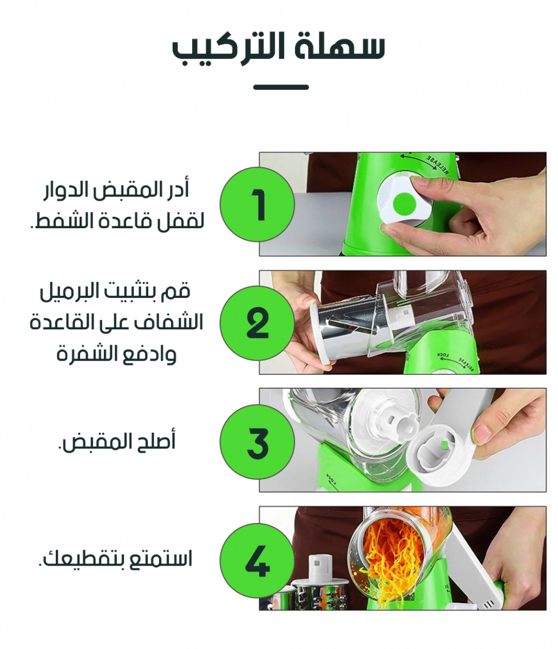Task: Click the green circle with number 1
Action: click(x=257, y=204)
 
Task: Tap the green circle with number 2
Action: click(x=257, y=323)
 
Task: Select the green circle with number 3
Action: click(x=257, y=441)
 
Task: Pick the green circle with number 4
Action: click(x=257, y=560)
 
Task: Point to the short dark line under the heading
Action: click(x=280, y=87)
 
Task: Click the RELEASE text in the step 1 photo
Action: click(x=438, y=164)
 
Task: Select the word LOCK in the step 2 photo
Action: click(x=443, y=355)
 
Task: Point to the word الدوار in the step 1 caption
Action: click(x=65, y=190)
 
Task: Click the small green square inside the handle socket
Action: click(x=443, y=446)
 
